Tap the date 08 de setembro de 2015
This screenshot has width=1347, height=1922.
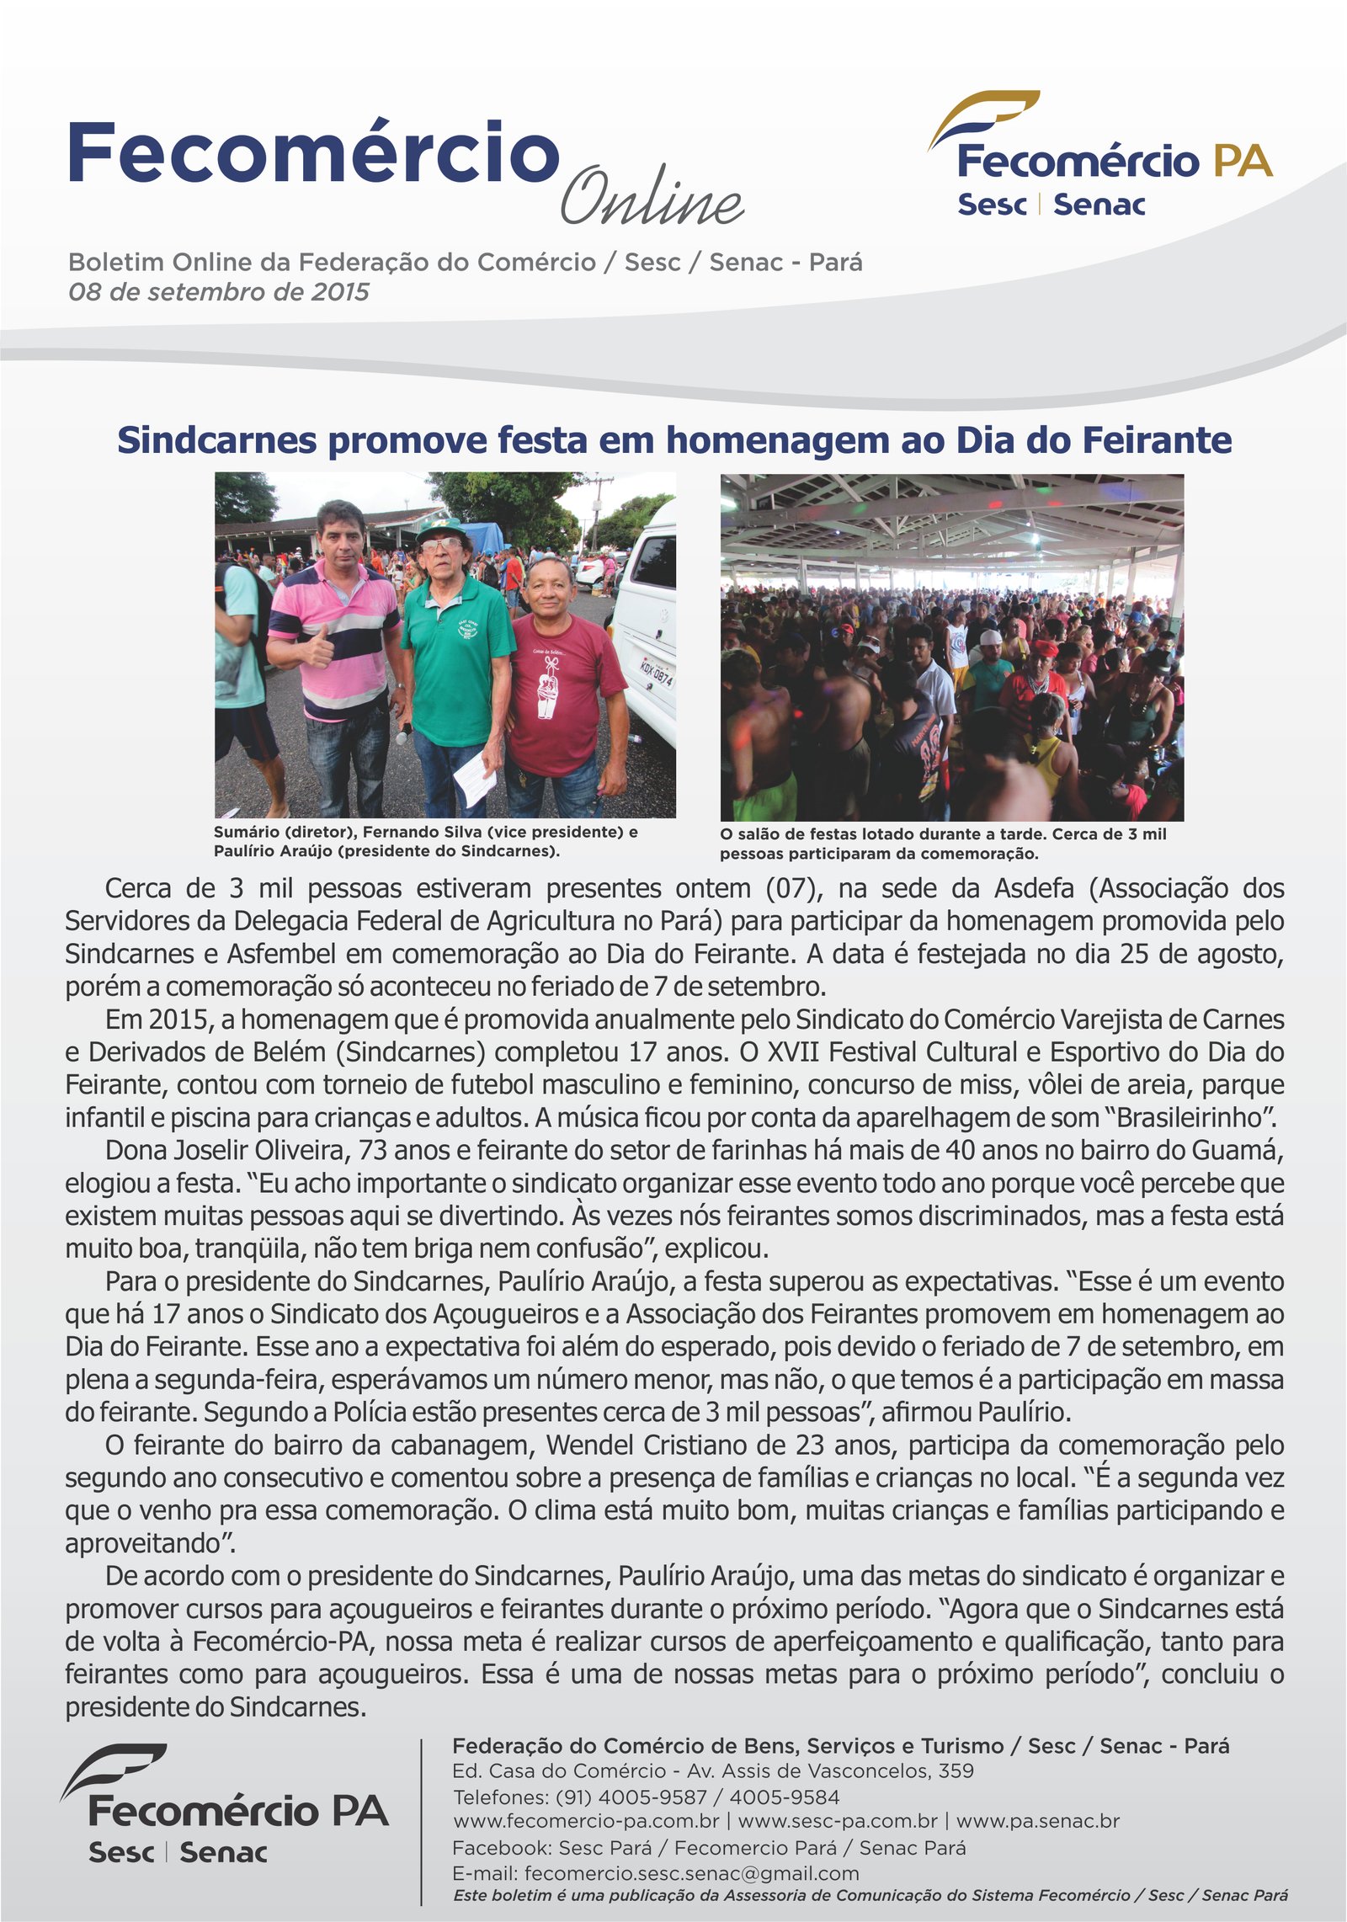point(219,292)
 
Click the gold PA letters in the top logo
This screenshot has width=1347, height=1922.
point(1241,161)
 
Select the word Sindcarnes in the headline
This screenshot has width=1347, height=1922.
point(216,440)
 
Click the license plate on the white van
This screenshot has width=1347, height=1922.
point(656,671)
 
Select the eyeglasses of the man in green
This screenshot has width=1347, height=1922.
point(442,545)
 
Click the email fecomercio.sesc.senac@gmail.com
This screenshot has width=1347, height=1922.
point(691,1873)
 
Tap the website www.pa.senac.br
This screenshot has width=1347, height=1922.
point(1037,1821)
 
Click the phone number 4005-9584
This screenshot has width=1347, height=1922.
point(784,1797)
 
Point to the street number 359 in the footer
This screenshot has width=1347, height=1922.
point(956,1770)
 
